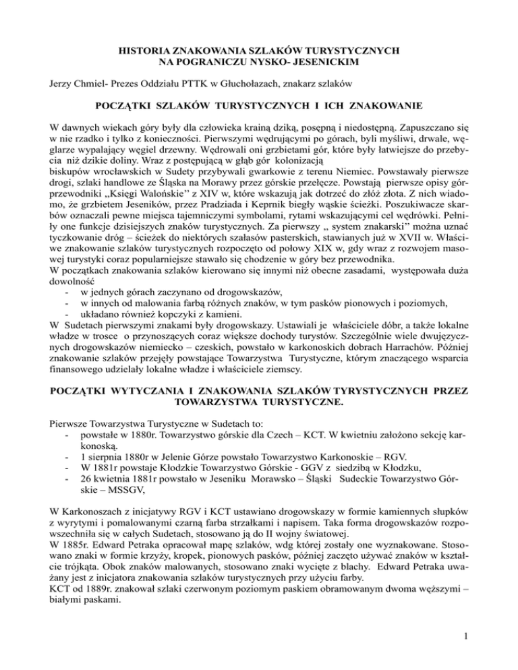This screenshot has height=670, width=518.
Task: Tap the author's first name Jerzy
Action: pos(62,84)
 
